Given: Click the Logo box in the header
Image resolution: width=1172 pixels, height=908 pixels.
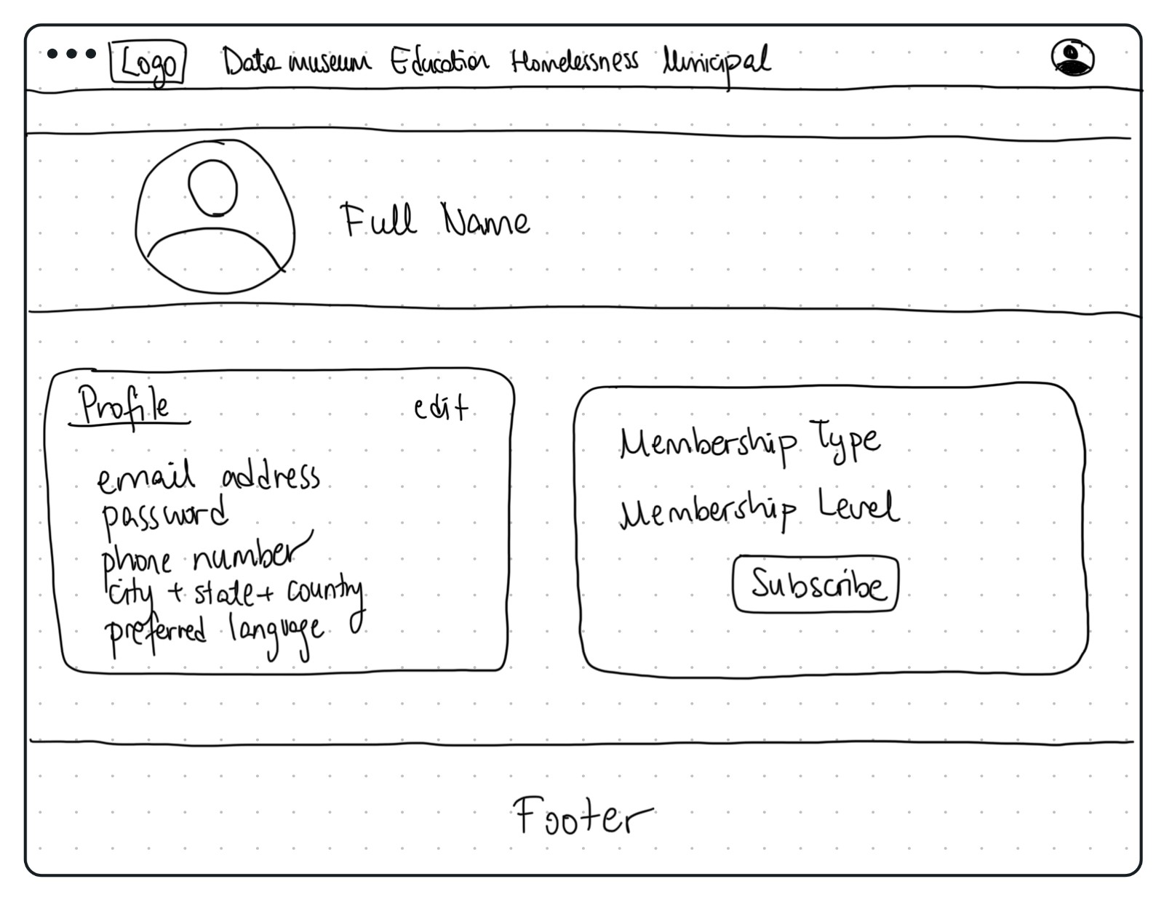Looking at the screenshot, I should pyautogui.click(x=148, y=63).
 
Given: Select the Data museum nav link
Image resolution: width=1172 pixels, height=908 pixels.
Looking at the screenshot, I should pyautogui.click(x=296, y=62).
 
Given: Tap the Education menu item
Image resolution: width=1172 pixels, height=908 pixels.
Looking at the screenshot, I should pyautogui.click(x=439, y=62).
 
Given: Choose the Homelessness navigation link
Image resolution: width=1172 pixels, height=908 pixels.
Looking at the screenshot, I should pyautogui.click(x=574, y=61).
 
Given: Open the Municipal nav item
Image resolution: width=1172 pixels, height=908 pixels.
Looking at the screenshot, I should pyautogui.click(x=716, y=63).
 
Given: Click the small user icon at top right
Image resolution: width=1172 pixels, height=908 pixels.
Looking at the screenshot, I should pyautogui.click(x=1072, y=57).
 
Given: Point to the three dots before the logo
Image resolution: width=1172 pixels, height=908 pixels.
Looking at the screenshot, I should pyautogui.click(x=71, y=54).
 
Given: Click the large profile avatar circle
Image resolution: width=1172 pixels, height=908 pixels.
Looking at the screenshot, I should pyautogui.click(x=215, y=217).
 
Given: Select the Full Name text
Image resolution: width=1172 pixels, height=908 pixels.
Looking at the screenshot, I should pyautogui.click(x=435, y=220).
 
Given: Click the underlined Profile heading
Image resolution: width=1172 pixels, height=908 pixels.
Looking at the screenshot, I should pyautogui.click(x=126, y=406).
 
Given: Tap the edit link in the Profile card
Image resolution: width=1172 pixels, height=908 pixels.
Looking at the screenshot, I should pyautogui.click(x=441, y=408).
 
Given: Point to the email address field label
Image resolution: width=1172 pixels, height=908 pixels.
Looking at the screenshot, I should pyautogui.click(x=208, y=477).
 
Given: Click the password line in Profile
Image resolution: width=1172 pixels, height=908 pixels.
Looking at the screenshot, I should pyautogui.click(x=164, y=515).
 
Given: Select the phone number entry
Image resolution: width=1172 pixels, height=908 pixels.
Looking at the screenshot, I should pyautogui.click(x=200, y=558).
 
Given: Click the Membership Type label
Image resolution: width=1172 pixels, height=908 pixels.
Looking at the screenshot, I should pyautogui.click(x=749, y=442).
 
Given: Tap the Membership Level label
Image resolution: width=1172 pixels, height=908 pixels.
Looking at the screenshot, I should pyautogui.click(x=759, y=510).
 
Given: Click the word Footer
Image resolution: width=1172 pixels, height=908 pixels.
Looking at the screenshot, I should pyautogui.click(x=582, y=816).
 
